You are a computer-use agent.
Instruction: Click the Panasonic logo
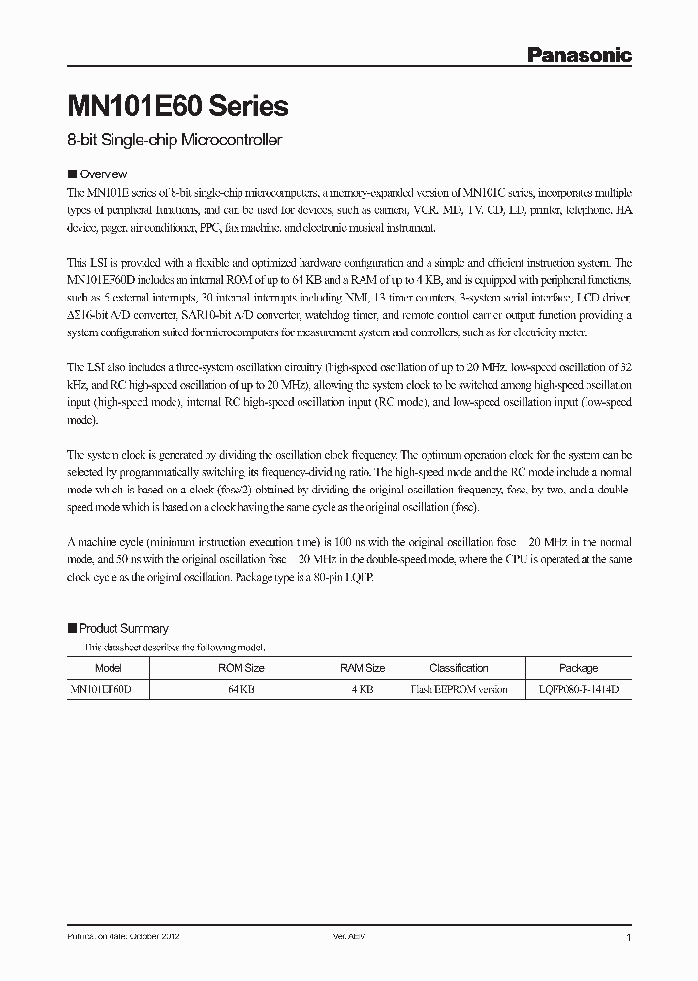coord(579,56)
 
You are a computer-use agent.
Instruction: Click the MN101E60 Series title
coord(177,105)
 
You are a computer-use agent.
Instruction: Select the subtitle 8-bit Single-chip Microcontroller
coord(174,141)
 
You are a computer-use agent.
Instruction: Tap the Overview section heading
coord(103,174)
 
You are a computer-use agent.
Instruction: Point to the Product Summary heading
coord(123,628)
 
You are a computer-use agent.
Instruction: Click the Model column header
coord(109,668)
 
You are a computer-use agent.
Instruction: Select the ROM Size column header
coord(241,668)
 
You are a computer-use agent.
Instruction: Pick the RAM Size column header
coord(363,668)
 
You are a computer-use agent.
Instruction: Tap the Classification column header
coord(459,668)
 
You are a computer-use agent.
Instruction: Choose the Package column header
coord(579,668)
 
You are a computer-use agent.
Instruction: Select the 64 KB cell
coord(241,690)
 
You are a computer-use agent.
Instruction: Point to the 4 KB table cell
coord(363,690)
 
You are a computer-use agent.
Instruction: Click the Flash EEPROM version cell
coord(459,690)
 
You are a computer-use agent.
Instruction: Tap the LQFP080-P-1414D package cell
coord(579,690)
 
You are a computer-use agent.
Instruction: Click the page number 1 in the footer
coord(629,938)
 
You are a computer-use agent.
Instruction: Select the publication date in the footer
coord(122,938)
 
